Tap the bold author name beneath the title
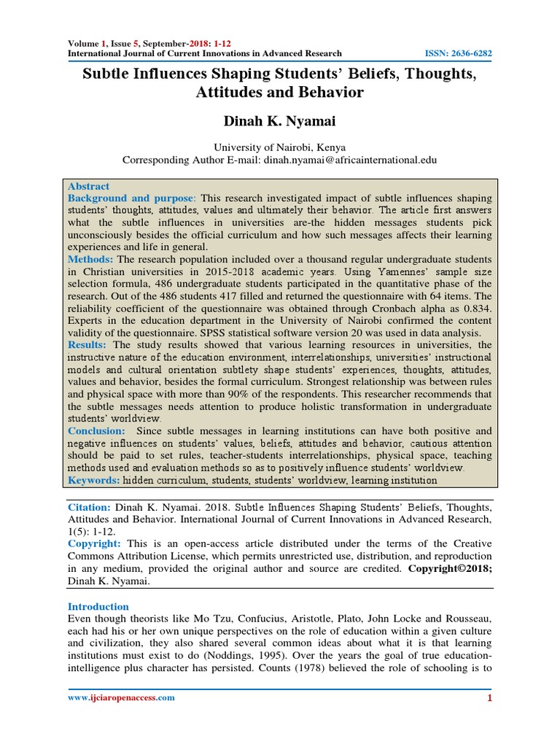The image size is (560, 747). tap(279, 121)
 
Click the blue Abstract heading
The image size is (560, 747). tap(89, 186)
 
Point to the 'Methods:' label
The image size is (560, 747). tap(90, 260)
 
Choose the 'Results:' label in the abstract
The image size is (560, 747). tap(88, 345)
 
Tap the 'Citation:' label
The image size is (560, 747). tap(90, 506)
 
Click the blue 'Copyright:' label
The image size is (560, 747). tap(93, 543)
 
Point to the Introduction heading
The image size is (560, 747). tap(98, 606)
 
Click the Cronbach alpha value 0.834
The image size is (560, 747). tap(475, 309)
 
